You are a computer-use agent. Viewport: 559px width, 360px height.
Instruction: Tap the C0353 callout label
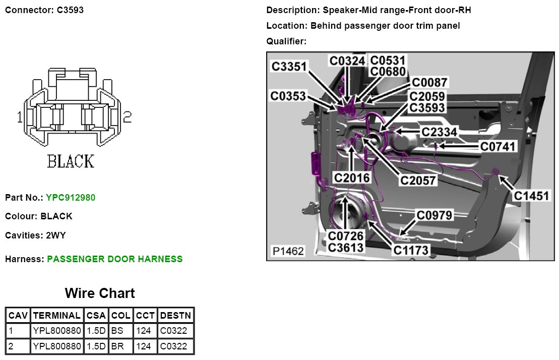[x=288, y=95]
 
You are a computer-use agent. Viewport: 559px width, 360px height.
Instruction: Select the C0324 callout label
[x=347, y=61]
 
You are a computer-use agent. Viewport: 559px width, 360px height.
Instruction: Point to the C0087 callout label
[x=429, y=83]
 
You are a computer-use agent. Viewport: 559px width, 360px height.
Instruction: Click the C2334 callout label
[x=440, y=132]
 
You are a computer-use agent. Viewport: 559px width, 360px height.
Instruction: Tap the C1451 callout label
[x=532, y=196]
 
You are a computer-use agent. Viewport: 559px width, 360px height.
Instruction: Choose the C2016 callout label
[x=352, y=177]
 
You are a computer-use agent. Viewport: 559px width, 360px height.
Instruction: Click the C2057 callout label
[x=418, y=180]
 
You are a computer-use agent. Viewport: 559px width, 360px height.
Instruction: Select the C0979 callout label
[x=434, y=215]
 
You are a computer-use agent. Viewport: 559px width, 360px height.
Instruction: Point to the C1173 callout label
[x=411, y=250]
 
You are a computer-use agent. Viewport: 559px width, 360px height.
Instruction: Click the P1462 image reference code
[x=288, y=251]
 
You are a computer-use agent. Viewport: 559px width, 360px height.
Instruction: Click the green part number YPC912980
[x=71, y=198]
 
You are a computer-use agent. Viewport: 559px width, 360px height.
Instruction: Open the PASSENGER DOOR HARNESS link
[x=115, y=259]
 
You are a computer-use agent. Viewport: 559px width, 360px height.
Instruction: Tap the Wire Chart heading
[x=100, y=293]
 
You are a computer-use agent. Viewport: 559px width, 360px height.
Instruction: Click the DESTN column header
[x=175, y=316]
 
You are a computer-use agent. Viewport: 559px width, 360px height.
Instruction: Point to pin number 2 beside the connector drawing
[x=127, y=117]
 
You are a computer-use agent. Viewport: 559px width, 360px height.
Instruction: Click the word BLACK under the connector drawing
[x=71, y=161]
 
